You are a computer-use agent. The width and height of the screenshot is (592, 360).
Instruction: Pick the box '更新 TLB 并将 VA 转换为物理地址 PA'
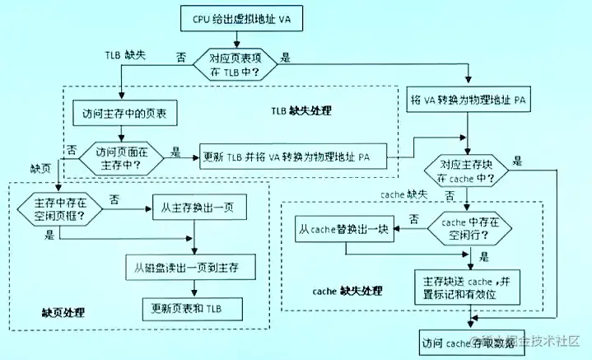[296, 157]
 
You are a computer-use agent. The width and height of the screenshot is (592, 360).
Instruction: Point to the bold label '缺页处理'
[65, 313]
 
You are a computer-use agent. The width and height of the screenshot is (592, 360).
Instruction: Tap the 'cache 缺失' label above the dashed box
[403, 194]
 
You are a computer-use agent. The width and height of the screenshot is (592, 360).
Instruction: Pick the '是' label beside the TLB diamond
[286, 58]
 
